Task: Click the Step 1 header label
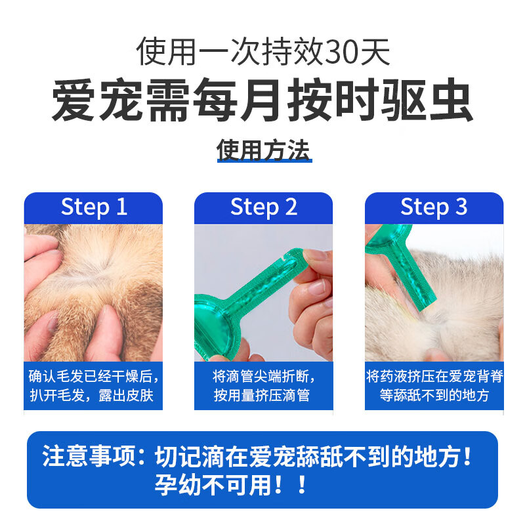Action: (94, 207)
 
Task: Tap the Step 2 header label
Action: (264, 207)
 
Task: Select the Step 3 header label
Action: (434, 207)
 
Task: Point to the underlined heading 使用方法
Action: (263, 150)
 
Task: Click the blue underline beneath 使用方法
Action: (264, 161)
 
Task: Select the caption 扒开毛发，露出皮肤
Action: (91, 396)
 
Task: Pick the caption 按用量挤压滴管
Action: (262, 396)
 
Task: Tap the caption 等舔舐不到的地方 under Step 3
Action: (434, 396)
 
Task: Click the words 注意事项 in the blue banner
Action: (89, 456)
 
